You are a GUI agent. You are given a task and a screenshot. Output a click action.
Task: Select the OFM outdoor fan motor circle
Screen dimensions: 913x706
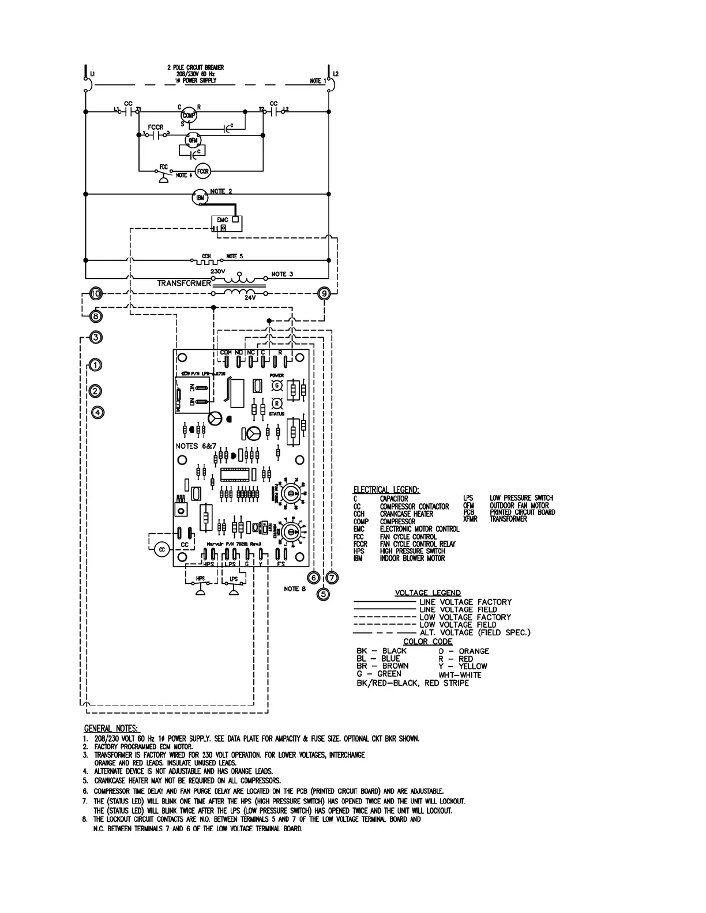(x=192, y=140)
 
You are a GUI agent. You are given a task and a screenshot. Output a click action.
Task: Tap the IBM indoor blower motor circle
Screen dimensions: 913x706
(x=199, y=197)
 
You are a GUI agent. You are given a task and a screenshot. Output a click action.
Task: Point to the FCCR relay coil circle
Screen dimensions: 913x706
(x=202, y=171)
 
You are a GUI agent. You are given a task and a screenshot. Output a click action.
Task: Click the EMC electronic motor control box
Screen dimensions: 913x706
(x=227, y=224)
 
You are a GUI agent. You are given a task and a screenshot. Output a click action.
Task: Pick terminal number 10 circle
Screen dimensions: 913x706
(x=96, y=294)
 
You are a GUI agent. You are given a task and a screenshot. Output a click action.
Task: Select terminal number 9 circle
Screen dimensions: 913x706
(x=324, y=294)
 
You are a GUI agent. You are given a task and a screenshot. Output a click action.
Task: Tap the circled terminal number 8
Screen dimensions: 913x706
(x=96, y=316)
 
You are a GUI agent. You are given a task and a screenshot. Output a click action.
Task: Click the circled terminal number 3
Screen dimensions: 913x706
(x=96, y=337)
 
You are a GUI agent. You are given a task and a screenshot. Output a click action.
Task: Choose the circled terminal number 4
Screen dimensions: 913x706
(x=99, y=412)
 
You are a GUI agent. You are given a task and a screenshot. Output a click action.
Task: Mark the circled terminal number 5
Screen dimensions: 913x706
(x=323, y=593)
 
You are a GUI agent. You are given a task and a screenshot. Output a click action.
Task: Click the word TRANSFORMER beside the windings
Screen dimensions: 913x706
(x=184, y=283)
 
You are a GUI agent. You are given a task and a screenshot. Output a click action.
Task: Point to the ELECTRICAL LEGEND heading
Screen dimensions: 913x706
(x=386, y=489)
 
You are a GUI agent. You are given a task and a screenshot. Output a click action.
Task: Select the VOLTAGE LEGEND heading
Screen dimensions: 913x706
(x=427, y=593)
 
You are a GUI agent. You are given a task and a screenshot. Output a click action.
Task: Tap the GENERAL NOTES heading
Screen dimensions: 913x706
(x=112, y=729)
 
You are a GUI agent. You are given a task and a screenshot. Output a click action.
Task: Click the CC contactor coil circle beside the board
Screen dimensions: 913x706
(x=162, y=550)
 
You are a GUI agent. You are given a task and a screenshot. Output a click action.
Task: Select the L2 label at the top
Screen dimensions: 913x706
(x=336, y=74)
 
